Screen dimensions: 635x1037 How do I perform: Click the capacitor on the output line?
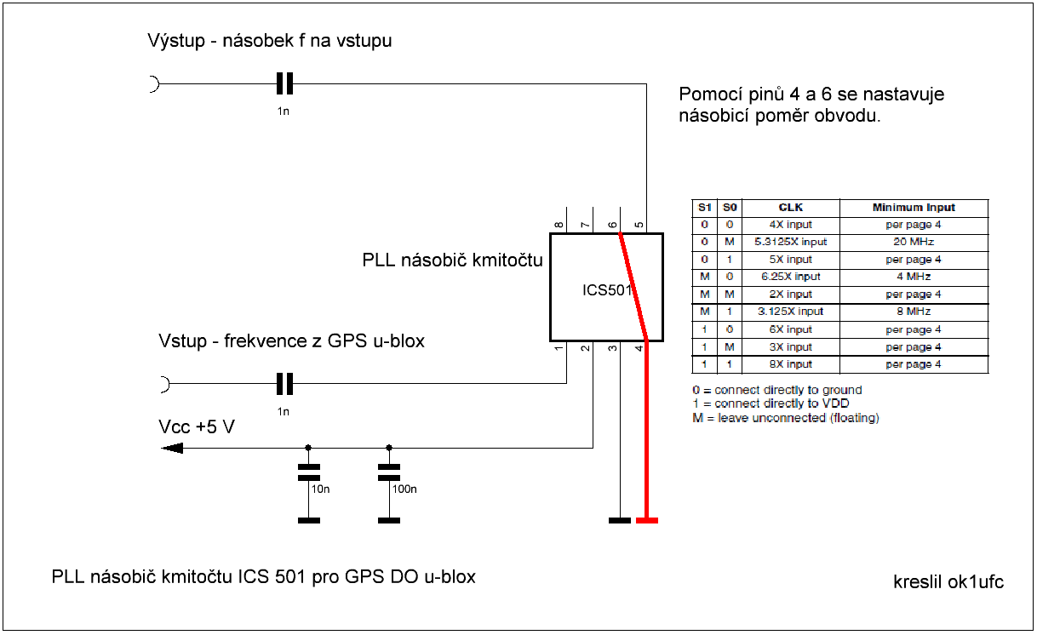[x=284, y=83]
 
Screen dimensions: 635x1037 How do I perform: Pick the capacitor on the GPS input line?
[x=284, y=385]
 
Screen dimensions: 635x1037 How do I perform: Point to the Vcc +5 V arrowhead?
[x=171, y=448]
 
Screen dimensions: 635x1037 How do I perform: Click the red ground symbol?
[x=647, y=519]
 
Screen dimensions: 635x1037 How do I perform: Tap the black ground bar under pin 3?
[x=620, y=519]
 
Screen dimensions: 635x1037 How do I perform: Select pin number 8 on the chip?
[x=559, y=226]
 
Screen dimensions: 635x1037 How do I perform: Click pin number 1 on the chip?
[x=559, y=347]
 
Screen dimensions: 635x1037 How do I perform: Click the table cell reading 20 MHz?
[x=914, y=242]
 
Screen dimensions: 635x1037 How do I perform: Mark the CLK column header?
[x=791, y=207]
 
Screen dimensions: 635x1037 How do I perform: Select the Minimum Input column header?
[x=914, y=207]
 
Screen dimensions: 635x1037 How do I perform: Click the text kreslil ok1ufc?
[x=948, y=582]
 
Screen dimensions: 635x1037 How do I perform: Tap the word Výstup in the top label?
[x=175, y=40]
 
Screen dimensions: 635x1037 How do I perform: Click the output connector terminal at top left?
[x=154, y=83]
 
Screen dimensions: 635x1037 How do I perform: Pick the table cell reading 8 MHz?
[x=914, y=312]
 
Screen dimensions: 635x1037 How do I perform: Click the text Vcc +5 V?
[x=197, y=426]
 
